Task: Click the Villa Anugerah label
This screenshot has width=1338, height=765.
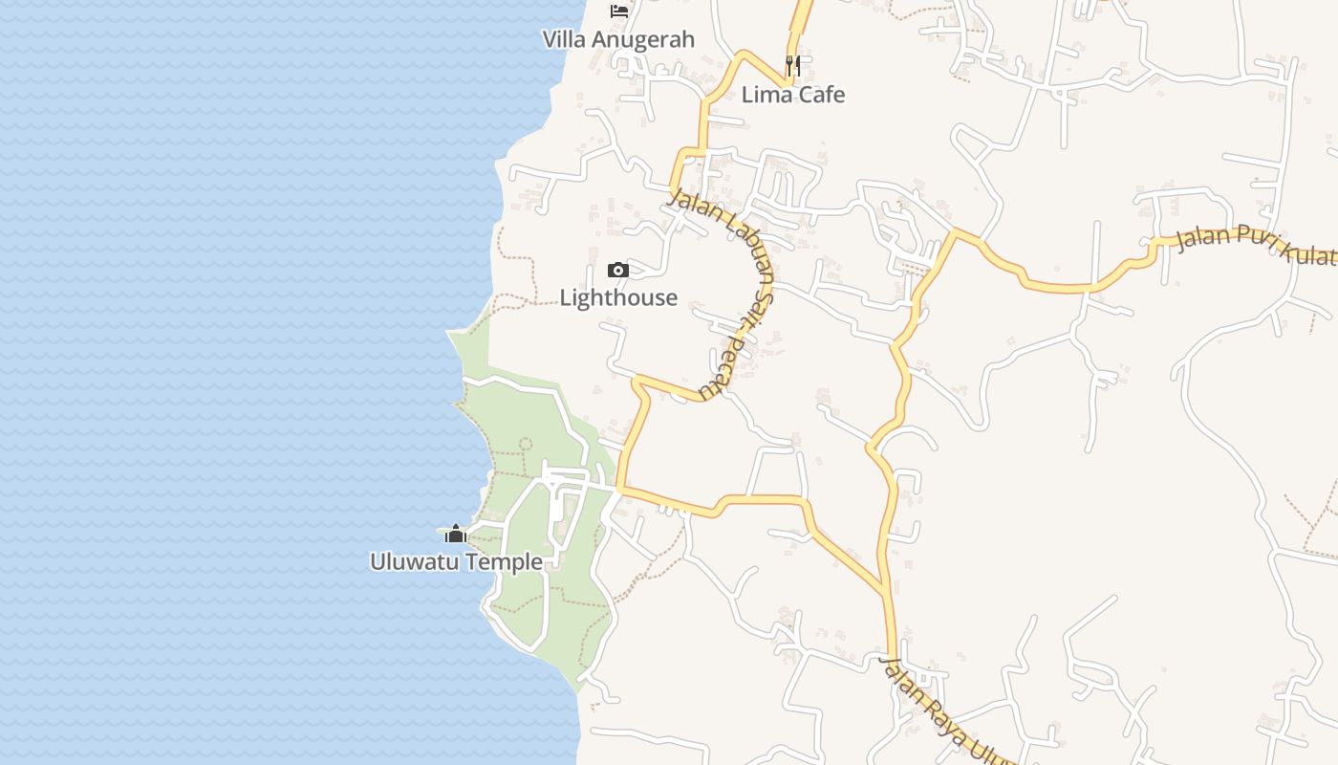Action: point(618,39)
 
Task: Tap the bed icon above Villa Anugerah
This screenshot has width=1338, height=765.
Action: point(619,11)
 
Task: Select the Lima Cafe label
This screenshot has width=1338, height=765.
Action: point(793,95)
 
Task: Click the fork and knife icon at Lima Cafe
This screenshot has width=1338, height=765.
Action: point(792,65)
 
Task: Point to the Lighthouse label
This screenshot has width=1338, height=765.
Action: point(618,297)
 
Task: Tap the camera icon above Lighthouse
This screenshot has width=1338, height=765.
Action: point(618,270)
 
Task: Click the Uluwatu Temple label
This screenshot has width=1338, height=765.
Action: point(456,561)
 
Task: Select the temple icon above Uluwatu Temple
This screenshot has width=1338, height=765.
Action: point(456,534)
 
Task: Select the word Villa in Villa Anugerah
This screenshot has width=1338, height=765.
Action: point(564,39)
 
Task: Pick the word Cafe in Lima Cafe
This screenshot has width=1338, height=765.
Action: point(821,95)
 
